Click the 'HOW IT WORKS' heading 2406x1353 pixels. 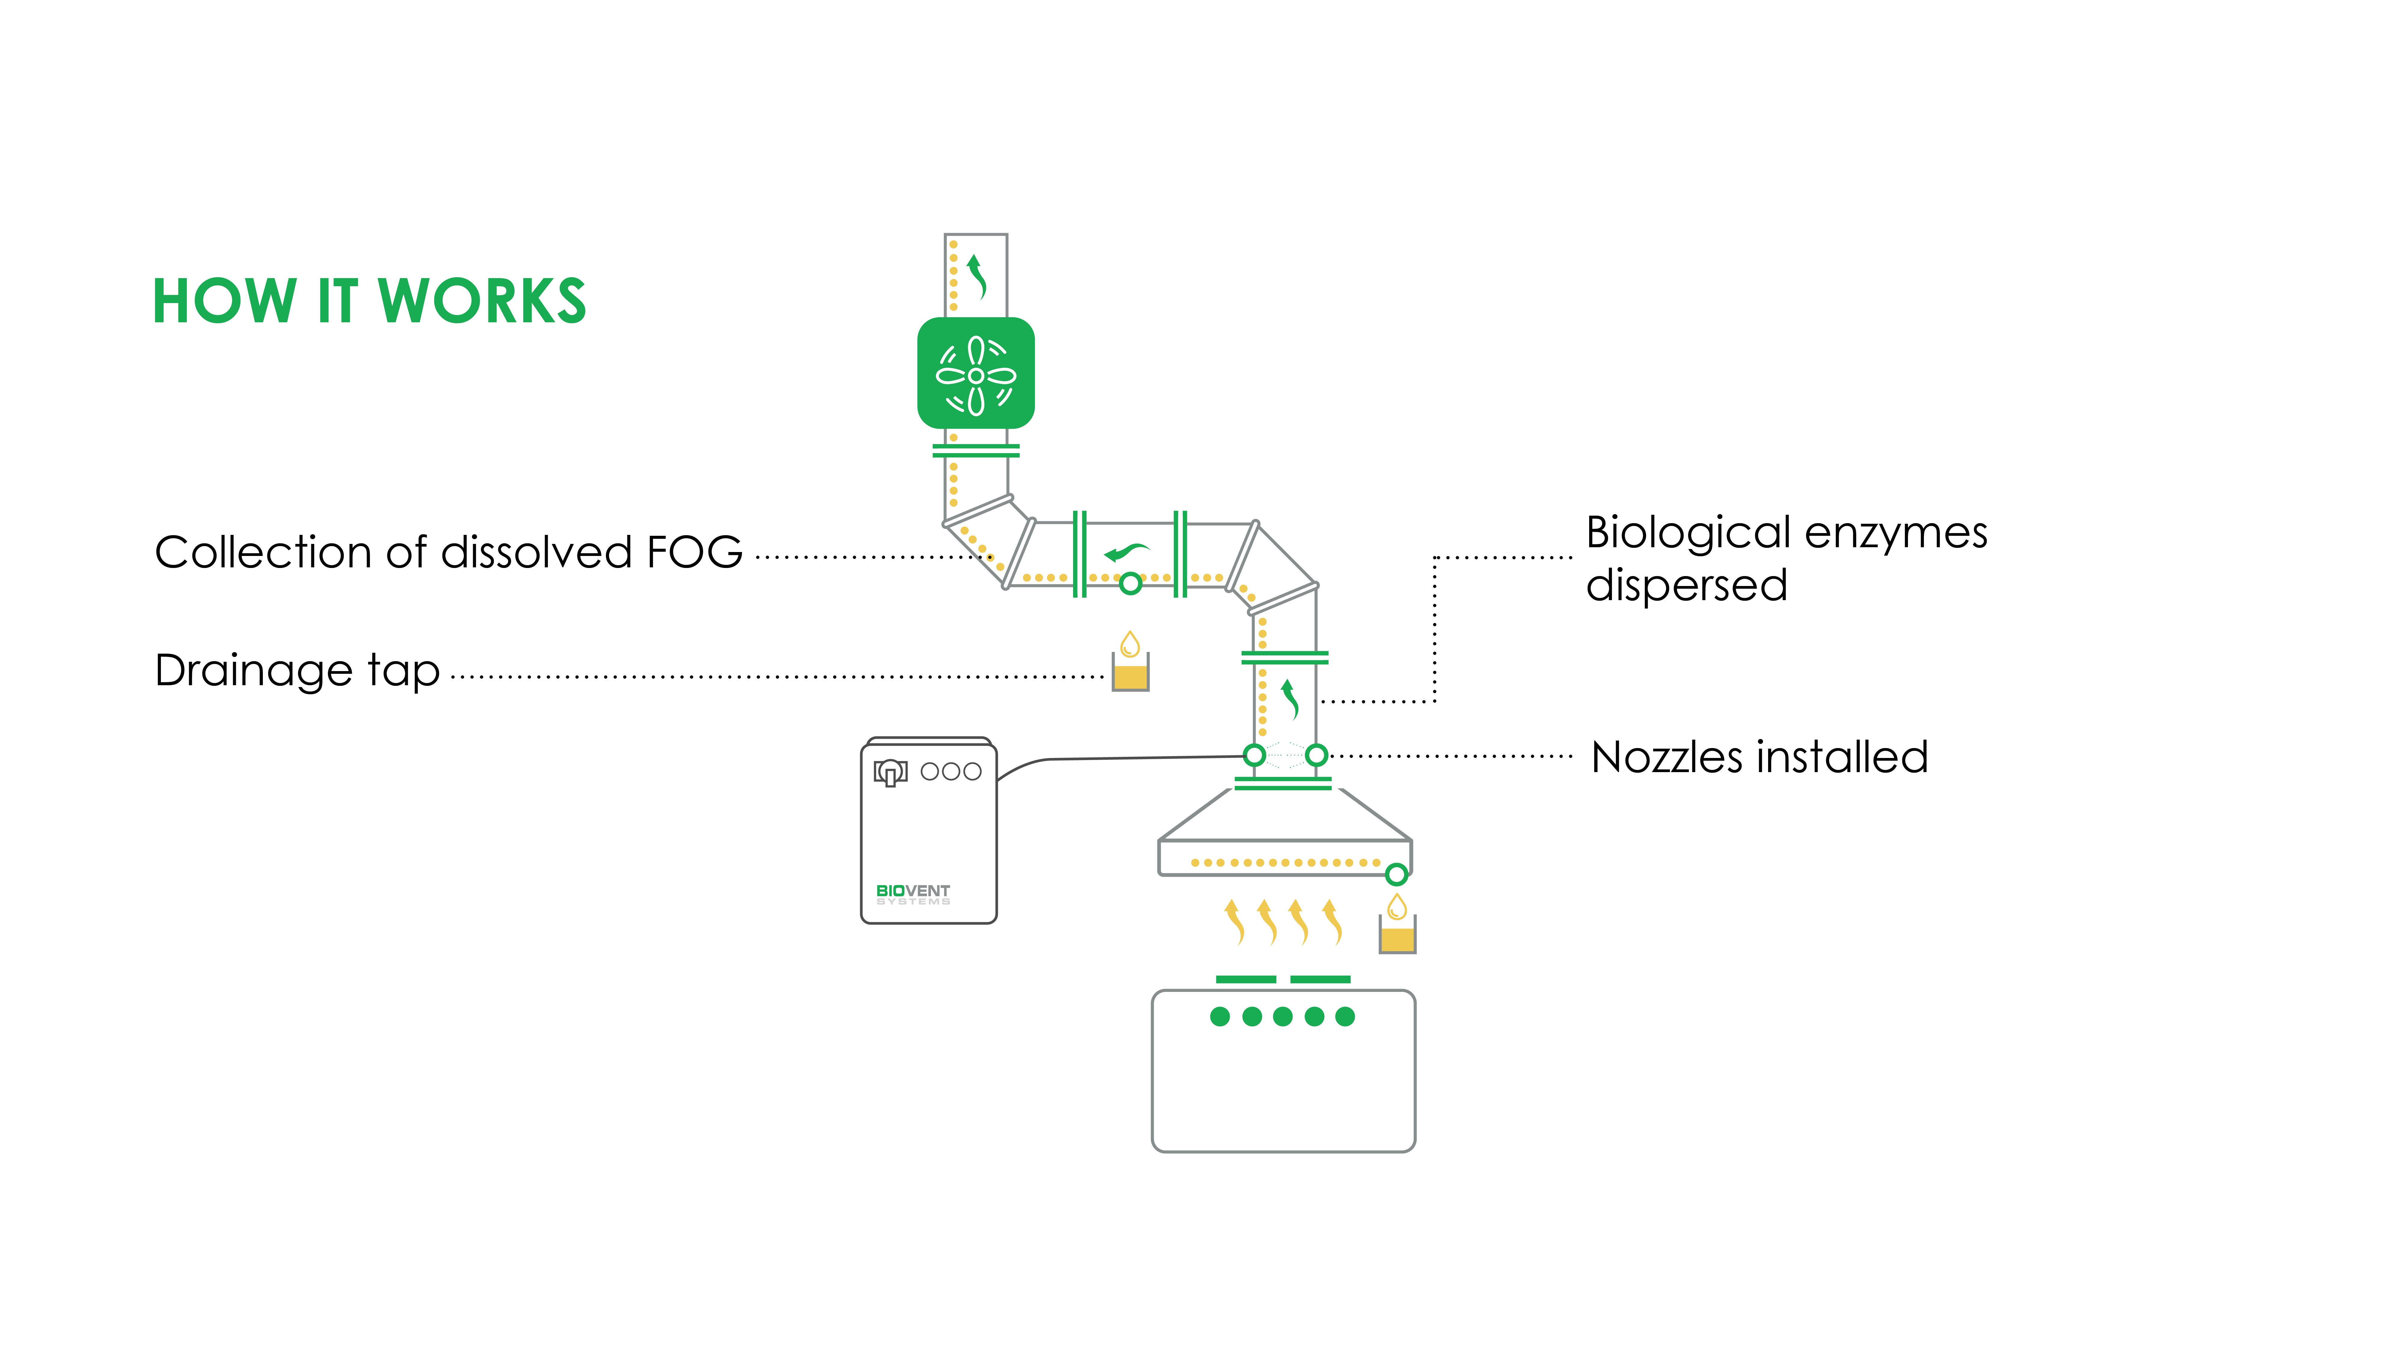click(x=369, y=302)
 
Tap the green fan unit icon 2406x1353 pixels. click(x=976, y=373)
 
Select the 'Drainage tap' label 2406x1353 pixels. click(x=297, y=670)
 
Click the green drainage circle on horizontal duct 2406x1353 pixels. click(x=1130, y=584)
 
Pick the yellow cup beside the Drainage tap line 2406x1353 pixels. click(x=1130, y=672)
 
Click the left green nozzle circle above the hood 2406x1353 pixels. click(x=1255, y=754)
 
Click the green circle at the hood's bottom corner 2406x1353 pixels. click(x=1396, y=874)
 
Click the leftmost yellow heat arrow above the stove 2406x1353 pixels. click(x=1234, y=922)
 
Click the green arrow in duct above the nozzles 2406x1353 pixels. click(x=1291, y=698)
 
